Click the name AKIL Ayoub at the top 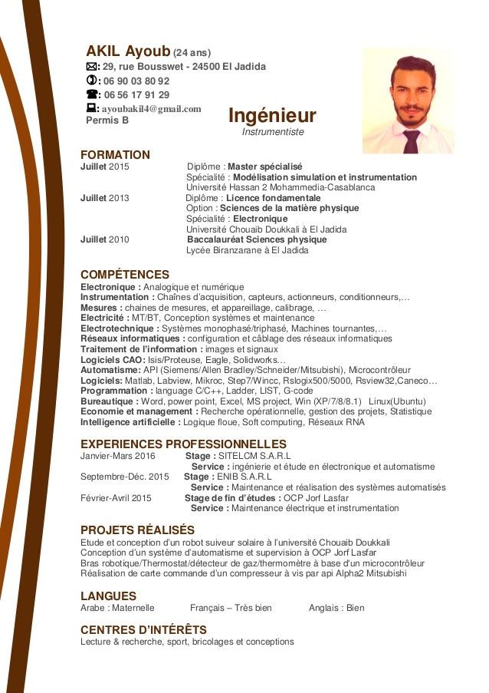(127, 51)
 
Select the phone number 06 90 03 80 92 (136, 81)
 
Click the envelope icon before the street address (92, 67)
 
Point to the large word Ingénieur (272, 116)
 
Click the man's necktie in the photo (412, 140)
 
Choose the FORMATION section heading (115, 154)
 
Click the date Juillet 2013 (105, 198)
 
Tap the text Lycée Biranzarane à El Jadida (247, 250)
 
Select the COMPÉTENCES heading (125, 275)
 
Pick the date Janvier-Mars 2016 (118, 455)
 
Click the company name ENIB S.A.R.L (244, 477)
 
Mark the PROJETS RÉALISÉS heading (137, 530)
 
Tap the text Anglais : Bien (336, 608)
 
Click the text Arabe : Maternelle (117, 608)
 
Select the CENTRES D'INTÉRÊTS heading (143, 630)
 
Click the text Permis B (107, 120)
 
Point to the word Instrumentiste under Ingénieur (273, 132)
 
